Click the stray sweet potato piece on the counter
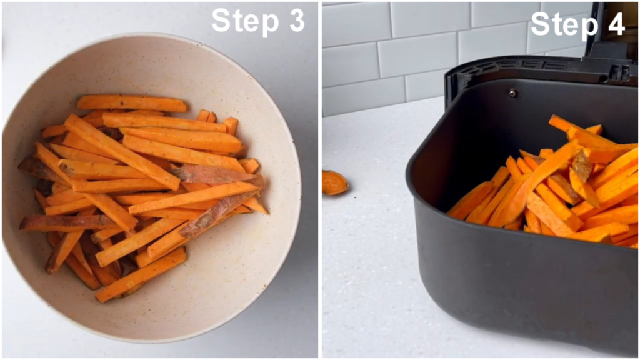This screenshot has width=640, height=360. tap(334, 182)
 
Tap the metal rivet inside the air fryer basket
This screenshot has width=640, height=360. tap(512, 93)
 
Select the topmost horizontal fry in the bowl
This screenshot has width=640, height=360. tap(131, 103)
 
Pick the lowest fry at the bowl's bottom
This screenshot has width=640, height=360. tap(141, 276)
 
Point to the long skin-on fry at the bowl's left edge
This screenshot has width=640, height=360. tap(67, 222)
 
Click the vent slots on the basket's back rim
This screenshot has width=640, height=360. tap(531, 64)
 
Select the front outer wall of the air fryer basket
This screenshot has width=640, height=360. tap(522, 286)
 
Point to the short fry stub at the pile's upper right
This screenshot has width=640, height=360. tap(231, 125)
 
